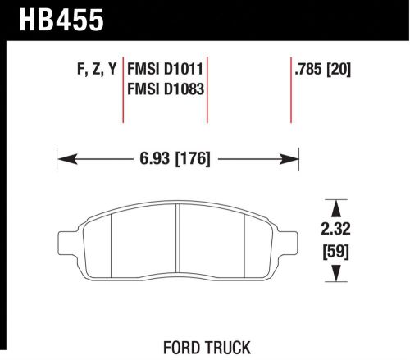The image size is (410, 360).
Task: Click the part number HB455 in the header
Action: pos(56,19)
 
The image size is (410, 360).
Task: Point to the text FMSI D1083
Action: pos(166,88)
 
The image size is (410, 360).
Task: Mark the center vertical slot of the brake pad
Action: pos(178,242)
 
